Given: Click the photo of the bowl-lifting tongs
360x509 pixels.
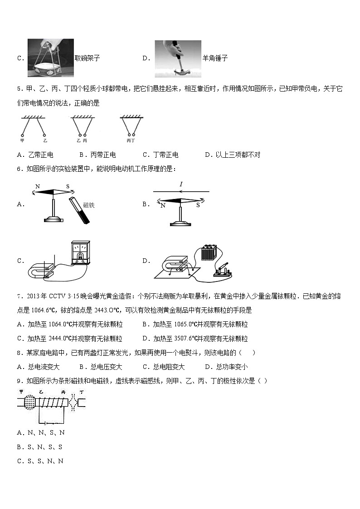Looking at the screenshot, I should tap(51, 58).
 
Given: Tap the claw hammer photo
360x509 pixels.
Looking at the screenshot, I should tap(178, 58).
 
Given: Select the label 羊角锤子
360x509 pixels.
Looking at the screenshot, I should tap(215, 58).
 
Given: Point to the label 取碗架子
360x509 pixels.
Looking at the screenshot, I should tap(87, 58).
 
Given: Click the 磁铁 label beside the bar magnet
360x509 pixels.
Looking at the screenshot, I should tap(89, 205).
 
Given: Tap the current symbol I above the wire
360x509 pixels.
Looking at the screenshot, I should tap(181, 184).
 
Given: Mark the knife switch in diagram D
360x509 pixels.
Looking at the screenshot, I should tap(223, 271).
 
